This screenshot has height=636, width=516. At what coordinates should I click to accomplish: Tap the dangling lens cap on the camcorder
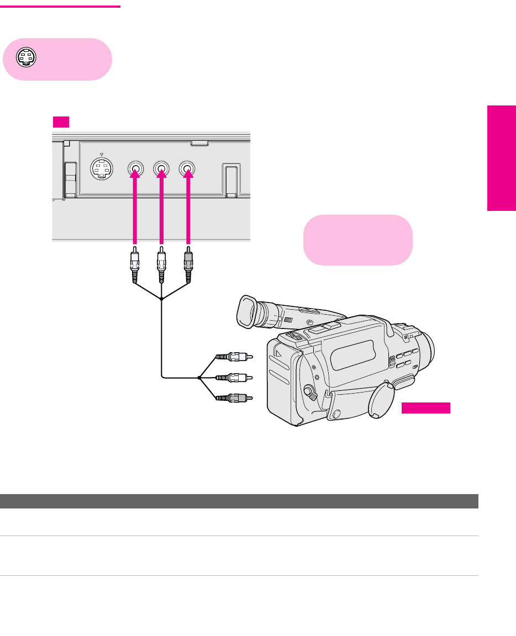click(380, 400)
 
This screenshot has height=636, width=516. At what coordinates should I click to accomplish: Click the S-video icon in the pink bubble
click(26, 57)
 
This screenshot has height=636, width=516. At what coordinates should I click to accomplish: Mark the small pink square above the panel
click(60, 122)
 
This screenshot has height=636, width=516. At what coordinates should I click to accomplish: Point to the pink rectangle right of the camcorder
click(425, 408)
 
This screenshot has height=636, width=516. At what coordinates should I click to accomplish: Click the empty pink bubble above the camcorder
click(358, 240)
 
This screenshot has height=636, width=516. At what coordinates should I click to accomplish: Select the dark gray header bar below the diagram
click(239, 501)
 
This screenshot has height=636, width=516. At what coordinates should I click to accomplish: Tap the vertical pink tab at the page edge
click(501, 157)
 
